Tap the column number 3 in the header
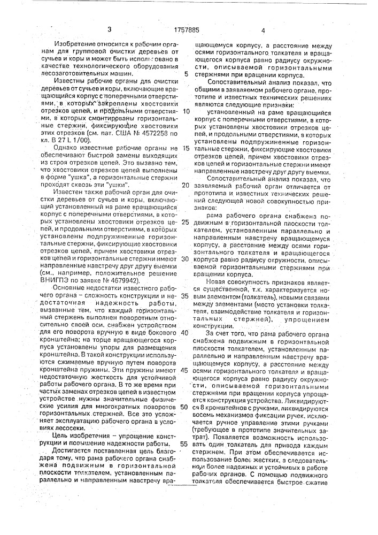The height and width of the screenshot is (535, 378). (109, 30)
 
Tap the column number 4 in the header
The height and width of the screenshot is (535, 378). (263, 32)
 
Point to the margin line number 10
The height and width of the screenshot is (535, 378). (186, 111)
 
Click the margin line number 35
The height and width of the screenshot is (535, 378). (186, 295)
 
